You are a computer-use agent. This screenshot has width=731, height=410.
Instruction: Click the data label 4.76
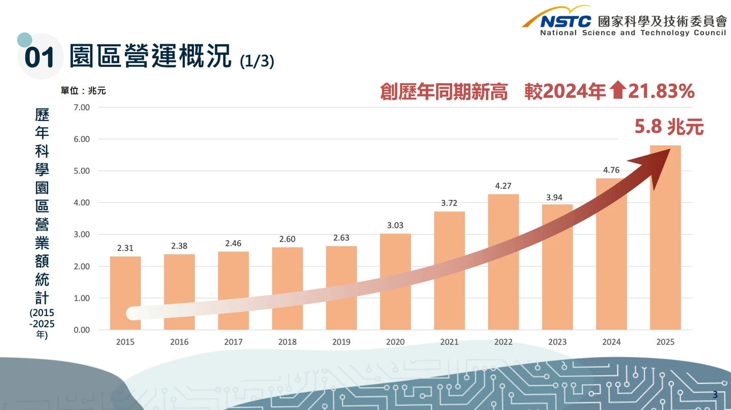611,170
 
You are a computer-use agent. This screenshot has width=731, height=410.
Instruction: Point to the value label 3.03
395,225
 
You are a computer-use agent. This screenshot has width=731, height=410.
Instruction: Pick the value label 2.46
234,244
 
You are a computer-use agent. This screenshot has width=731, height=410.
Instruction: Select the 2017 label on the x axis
234,342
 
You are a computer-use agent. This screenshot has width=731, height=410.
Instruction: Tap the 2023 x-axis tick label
557,342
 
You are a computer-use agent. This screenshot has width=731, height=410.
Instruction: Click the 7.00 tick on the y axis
81,108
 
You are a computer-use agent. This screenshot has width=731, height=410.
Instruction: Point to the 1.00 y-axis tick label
81,298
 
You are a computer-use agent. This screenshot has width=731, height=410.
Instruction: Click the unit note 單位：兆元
83,91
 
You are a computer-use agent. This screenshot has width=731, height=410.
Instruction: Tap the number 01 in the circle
39,58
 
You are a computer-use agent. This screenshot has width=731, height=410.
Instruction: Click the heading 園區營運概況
150,56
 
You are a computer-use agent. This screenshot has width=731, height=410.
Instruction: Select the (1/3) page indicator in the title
257,61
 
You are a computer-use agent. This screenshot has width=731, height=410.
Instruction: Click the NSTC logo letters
566,21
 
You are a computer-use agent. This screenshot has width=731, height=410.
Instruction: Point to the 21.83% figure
661,91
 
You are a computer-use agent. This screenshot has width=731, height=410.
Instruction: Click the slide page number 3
715,394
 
